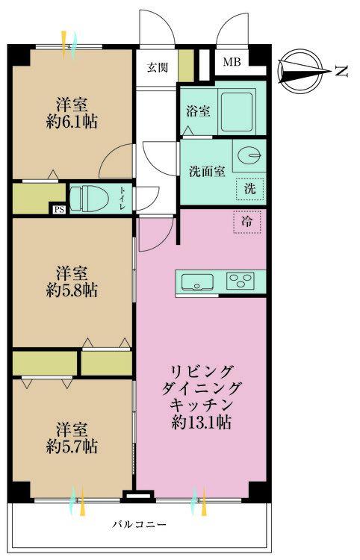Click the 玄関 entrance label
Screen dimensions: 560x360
(157, 68)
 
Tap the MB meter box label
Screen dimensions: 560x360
(233, 63)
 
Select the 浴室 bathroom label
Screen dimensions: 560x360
(198, 111)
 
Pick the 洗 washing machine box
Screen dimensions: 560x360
(249, 189)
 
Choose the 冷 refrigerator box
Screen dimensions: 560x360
(246, 221)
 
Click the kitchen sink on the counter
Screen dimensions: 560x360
(197, 281)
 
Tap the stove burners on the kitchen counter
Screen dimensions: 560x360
(240, 281)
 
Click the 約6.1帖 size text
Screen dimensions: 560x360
(72, 120)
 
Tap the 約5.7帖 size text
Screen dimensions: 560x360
(72, 447)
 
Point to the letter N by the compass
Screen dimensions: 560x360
(341, 72)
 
